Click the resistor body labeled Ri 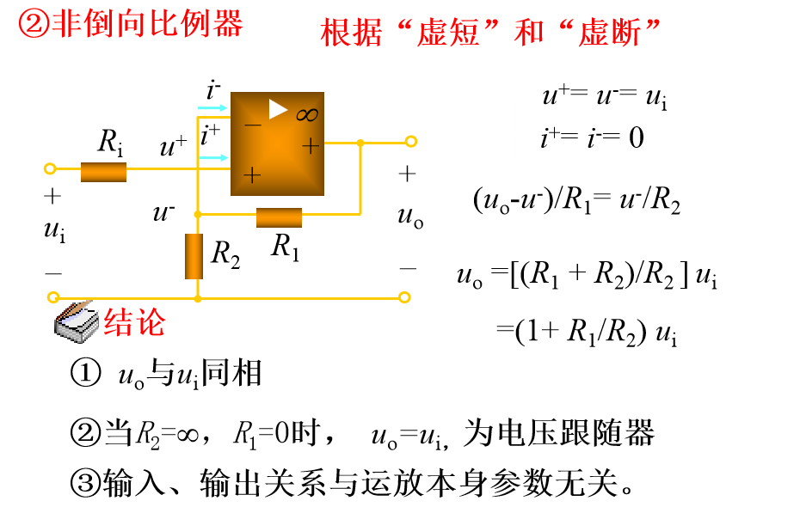click(x=103, y=172)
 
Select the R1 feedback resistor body click(x=279, y=217)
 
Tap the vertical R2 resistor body click(x=194, y=256)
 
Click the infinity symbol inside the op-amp click(x=307, y=115)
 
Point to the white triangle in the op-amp click(x=277, y=109)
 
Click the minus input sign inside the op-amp click(x=252, y=125)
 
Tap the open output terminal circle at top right click(x=411, y=142)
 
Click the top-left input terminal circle click(x=50, y=168)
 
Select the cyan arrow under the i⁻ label click(x=212, y=108)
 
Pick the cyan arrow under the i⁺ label click(x=212, y=157)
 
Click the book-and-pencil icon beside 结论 click(x=76, y=321)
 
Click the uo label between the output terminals click(x=409, y=216)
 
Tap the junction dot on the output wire click(x=360, y=142)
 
